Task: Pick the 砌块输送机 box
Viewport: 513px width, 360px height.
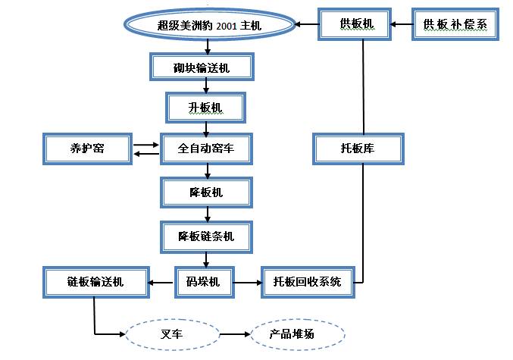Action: point(202,67)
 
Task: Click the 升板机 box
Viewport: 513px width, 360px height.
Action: point(205,108)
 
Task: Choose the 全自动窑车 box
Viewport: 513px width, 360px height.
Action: point(205,149)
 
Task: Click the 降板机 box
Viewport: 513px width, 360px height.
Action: point(205,193)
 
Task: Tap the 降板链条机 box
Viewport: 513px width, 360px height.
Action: point(205,236)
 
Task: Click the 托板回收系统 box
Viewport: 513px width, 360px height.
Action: point(307,283)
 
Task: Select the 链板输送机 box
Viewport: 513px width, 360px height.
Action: point(95,283)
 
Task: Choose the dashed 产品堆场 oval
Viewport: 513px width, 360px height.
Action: point(297,333)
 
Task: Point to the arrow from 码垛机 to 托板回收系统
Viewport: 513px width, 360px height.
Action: point(247,283)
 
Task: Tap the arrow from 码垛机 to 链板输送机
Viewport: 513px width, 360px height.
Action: point(161,283)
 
